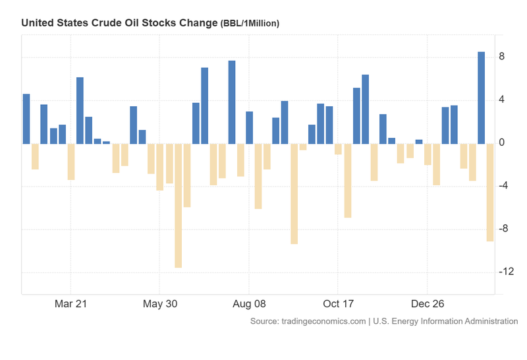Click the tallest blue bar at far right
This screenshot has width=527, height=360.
pos(481,98)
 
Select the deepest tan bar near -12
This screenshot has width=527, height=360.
pos(178,205)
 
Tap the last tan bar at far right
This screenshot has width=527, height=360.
pos(490,192)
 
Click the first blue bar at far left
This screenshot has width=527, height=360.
pos(26,119)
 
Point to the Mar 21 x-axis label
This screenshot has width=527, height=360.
pos(70,304)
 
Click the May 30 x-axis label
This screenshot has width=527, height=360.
pos(160,304)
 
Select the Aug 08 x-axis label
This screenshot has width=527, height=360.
pos(249,304)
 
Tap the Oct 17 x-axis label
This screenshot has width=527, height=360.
pos(338,304)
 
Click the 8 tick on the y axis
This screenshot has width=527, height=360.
pos(502,57)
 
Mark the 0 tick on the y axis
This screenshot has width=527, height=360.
pos(502,142)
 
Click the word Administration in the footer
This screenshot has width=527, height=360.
pos(486,321)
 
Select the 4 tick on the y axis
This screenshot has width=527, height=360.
pos(502,100)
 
